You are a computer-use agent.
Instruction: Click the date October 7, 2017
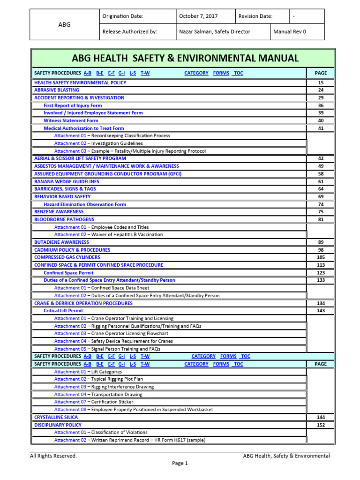coord(198,16)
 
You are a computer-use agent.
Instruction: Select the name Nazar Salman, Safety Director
coord(215,32)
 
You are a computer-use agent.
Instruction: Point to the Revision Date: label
coord(255,16)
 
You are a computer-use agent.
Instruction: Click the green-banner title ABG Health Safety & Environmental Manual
coord(185,58)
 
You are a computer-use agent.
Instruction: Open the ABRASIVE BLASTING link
coord(57,90)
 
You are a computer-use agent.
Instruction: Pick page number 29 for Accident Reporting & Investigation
coord(321,97)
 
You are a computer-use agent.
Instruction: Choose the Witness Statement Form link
coord(71,120)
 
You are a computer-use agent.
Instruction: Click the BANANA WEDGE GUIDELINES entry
coord(67,181)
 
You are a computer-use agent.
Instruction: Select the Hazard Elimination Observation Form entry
coord(85,204)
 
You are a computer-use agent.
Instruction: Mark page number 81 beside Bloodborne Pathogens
coord(321,219)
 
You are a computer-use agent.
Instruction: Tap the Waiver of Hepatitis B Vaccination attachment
coord(109,234)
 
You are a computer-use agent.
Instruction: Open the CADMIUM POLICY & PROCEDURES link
coord(72,250)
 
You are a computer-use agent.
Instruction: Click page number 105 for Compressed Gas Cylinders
coord(321,257)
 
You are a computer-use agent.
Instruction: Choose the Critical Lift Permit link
coord(63,311)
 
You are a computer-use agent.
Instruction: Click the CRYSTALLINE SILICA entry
coord(56,417)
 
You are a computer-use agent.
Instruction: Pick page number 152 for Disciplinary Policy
coord(321,425)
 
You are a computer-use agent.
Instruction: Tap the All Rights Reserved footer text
coord(53,456)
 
